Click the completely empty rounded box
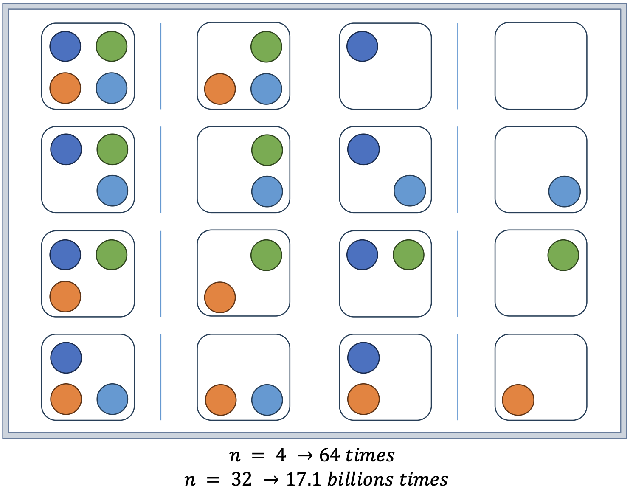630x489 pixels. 540,66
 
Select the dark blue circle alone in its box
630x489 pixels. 362,46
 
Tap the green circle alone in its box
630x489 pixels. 563,255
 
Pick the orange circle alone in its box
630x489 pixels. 518,400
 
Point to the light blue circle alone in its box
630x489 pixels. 564,191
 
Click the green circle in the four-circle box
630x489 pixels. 111,46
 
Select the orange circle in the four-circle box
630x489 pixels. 65,88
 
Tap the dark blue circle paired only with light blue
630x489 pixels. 363,149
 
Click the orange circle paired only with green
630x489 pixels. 220,297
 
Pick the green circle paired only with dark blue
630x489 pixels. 408,255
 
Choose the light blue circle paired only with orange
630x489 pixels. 267,400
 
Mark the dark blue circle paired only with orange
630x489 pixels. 363,358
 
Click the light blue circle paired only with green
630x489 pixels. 267,191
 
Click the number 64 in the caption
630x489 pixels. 330,455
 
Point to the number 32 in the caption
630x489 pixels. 242,480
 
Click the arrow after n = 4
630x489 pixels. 305,456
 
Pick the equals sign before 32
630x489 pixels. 214,480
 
